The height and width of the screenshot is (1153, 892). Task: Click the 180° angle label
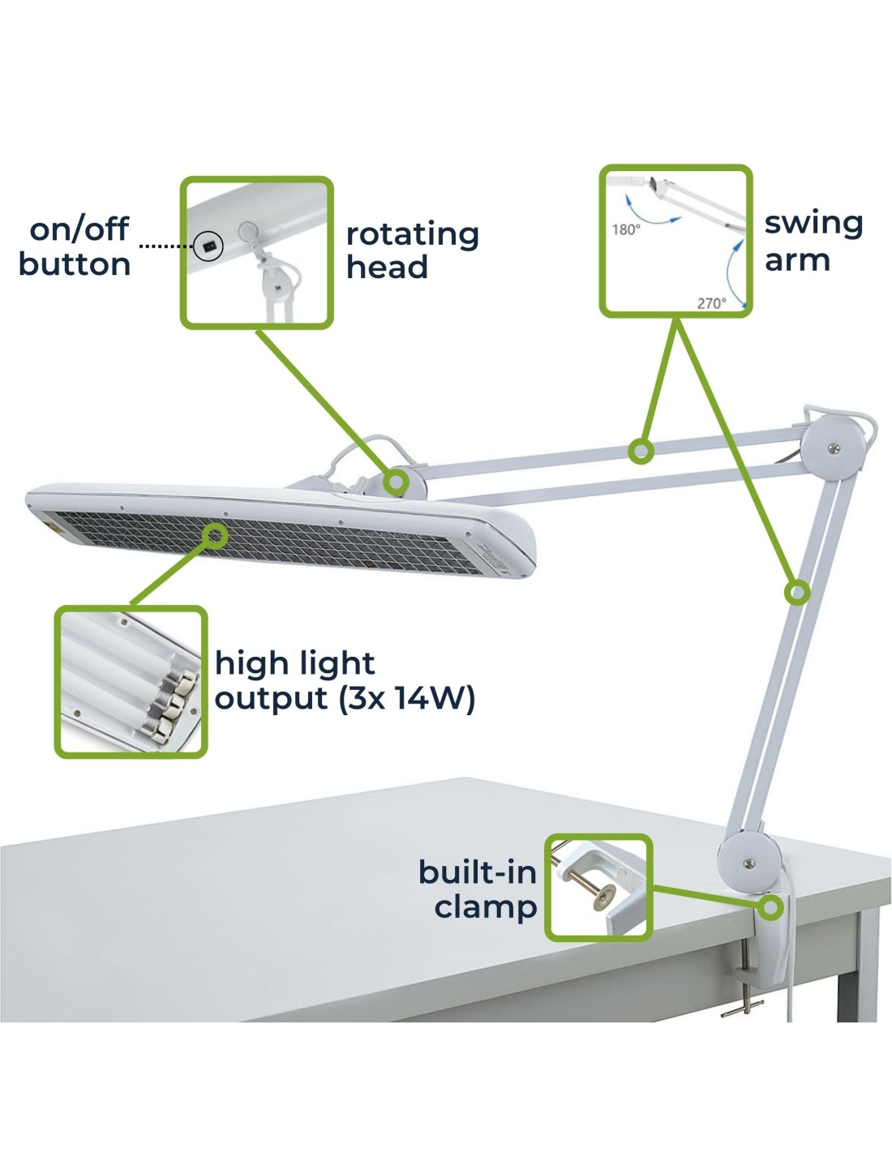(x=626, y=229)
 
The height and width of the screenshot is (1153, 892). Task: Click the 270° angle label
(x=712, y=303)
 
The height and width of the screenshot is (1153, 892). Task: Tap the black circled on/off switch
(x=208, y=246)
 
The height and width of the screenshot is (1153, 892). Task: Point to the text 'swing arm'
(x=813, y=242)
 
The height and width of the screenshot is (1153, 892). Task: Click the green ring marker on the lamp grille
(x=215, y=535)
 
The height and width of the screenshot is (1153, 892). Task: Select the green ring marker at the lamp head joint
(x=396, y=482)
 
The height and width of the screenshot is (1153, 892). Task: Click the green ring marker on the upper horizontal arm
(x=641, y=452)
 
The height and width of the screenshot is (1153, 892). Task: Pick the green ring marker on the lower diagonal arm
(x=796, y=592)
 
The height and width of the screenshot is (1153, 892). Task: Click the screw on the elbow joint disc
(x=834, y=449)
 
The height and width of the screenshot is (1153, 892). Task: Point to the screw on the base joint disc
(x=748, y=864)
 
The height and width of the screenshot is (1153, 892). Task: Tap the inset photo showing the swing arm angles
(x=675, y=242)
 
